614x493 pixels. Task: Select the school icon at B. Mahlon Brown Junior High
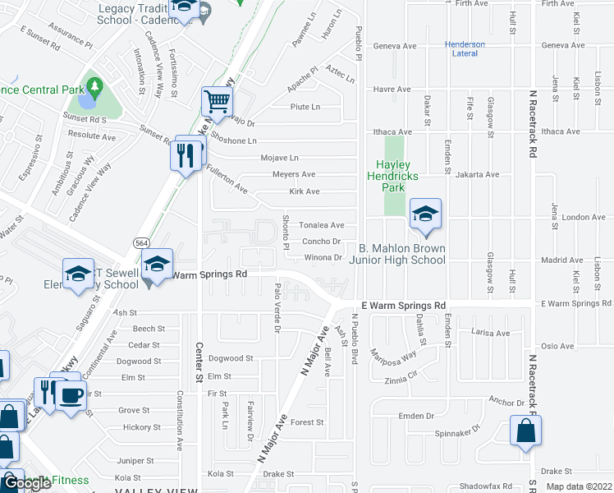pyautogui.click(x=424, y=215)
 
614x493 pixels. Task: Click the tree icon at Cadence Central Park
pyautogui.click(x=95, y=85)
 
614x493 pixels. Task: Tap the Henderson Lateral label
pyautogui.click(x=465, y=49)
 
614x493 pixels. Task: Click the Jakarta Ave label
pyautogui.click(x=477, y=174)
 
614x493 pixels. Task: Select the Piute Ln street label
pyautogui.click(x=305, y=107)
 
